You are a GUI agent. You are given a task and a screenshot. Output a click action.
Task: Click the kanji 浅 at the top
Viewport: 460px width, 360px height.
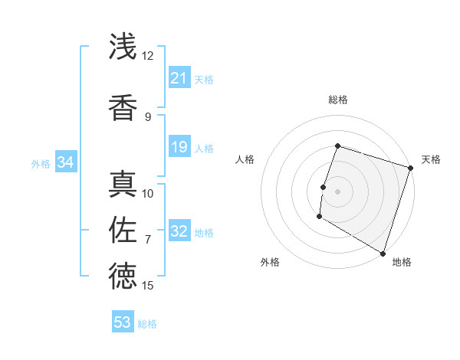click(x=123, y=47)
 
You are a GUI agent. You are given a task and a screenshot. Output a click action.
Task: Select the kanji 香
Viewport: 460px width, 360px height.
click(x=123, y=108)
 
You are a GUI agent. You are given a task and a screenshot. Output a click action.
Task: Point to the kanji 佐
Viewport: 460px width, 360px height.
click(x=123, y=231)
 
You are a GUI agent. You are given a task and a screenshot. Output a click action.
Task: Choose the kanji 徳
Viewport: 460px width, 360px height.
click(x=123, y=277)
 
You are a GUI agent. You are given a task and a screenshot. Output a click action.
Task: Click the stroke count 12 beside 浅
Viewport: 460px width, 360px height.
click(x=147, y=56)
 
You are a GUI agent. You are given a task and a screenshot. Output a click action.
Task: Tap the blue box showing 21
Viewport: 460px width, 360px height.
click(x=179, y=78)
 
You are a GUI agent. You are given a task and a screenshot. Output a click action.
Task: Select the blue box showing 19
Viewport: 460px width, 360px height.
click(x=179, y=147)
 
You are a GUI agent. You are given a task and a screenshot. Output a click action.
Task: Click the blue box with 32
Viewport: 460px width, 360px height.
click(x=179, y=231)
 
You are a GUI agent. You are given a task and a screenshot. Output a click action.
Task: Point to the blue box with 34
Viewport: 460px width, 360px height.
click(x=65, y=162)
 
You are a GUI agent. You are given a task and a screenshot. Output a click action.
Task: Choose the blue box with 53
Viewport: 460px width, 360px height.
click(x=123, y=322)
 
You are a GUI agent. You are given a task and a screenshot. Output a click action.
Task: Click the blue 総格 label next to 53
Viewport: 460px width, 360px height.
click(x=147, y=324)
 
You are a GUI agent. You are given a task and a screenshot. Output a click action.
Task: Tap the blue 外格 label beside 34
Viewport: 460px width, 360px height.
click(x=41, y=163)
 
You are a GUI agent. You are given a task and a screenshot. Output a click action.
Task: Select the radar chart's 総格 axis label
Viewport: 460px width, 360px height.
click(x=337, y=100)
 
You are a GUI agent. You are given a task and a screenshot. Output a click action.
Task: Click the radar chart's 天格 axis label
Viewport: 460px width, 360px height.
click(x=431, y=159)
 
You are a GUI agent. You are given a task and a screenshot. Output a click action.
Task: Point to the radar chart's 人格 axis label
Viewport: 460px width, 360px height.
click(x=245, y=159)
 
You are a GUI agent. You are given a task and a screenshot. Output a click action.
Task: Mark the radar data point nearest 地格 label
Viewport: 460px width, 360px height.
click(x=383, y=253)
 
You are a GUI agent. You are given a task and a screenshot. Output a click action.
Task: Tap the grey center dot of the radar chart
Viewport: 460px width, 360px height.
click(x=337, y=191)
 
